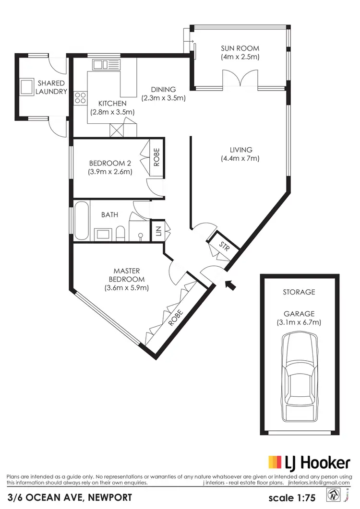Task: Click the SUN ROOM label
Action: pyautogui.click(x=240, y=48)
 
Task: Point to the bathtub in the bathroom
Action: pyautogui.click(x=81, y=222)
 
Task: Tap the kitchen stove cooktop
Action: pyautogui.click(x=80, y=98)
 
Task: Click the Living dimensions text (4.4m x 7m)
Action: pyautogui.click(x=240, y=158)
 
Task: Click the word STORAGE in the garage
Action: pyautogui.click(x=299, y=292)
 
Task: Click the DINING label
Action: pyautogui.click(x=163, y=89)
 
